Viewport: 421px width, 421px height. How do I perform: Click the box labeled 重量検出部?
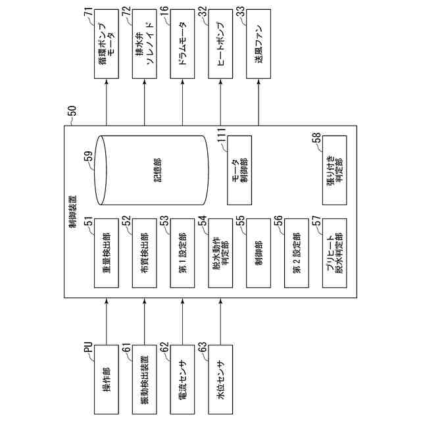click(x=106, y=252)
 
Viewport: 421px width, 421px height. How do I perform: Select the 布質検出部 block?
click(x=144, y=252)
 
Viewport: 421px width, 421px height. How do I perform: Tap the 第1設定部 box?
click(x=182, y=252)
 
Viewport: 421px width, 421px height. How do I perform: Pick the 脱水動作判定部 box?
click(x=220, y=252)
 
